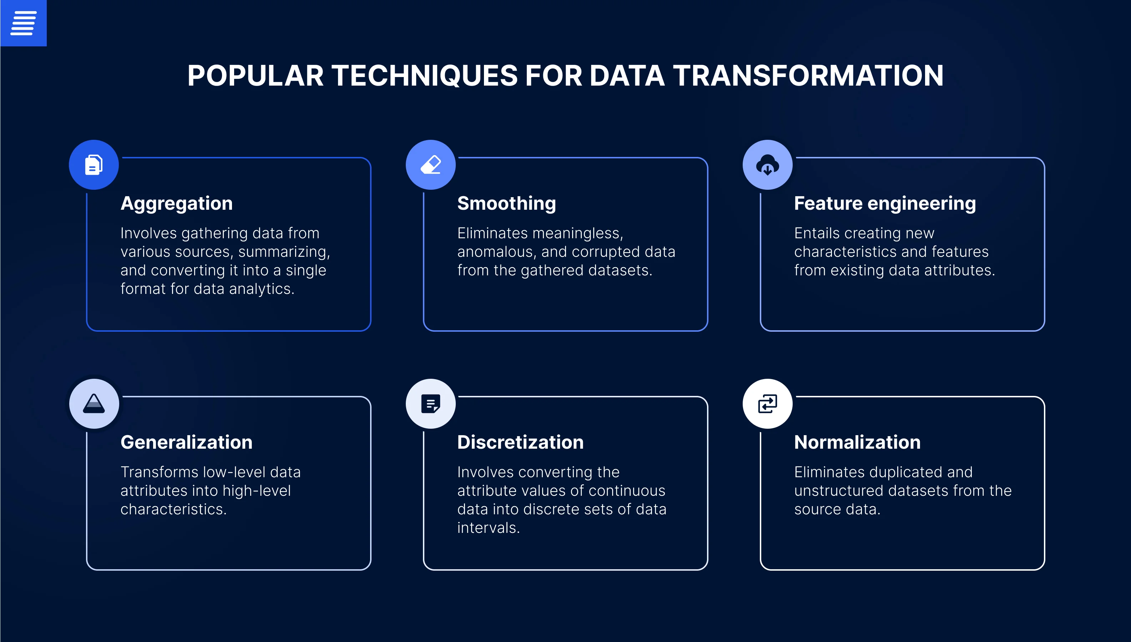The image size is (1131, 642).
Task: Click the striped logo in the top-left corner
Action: click(24, 23)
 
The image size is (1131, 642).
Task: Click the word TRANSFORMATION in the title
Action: click(808, 75)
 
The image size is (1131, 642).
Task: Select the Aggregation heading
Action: click(176, 203)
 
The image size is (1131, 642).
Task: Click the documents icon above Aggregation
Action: click(94, 165)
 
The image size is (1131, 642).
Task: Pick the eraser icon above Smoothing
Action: click(430, 165)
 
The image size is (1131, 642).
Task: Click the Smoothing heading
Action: click(506, 203)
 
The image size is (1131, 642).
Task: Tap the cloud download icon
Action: click(768, 165)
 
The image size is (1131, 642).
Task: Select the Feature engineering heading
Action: click(885, 203)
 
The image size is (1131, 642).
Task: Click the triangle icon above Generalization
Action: click(94, 403)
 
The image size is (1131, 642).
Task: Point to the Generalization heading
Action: click(187, 442)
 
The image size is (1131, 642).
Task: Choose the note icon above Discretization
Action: click(430, 403)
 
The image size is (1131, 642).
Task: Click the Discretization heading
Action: click(520, 442)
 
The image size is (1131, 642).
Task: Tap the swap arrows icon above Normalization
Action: click(768, 403)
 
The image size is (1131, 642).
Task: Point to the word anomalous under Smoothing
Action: click(496, 252)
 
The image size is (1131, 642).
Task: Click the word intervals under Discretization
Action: click(489, 528)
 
